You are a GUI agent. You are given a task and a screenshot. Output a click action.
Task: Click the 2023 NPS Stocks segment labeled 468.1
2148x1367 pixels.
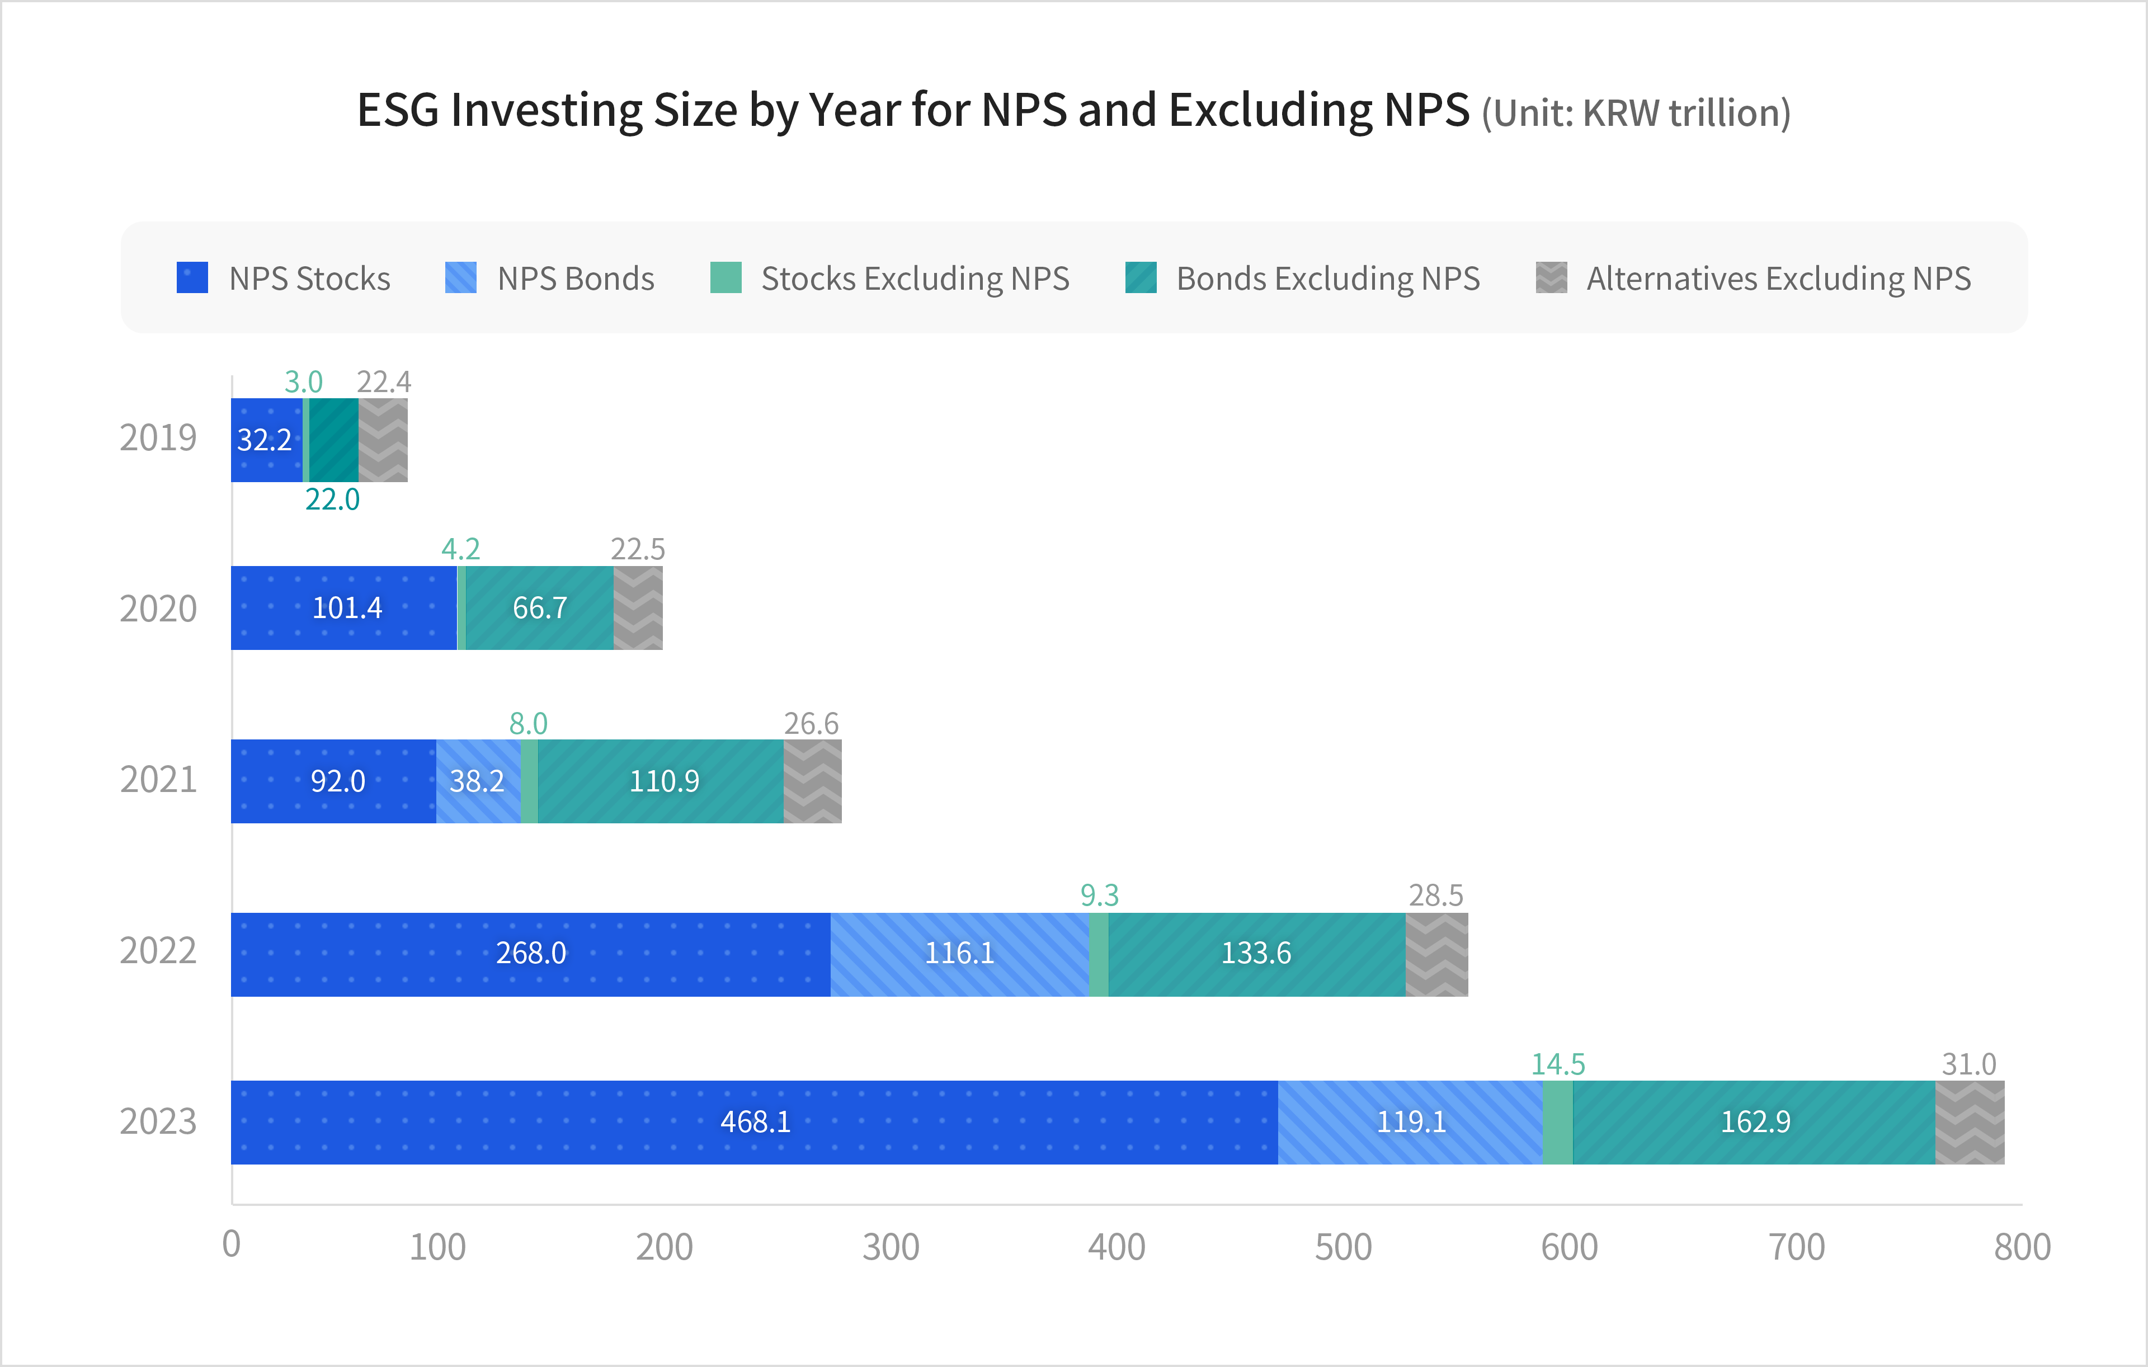point(755,1122)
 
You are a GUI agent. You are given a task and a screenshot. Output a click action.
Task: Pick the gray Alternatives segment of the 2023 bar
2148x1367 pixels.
point(1968,1122)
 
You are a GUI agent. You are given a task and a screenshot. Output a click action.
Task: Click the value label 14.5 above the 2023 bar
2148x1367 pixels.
point(1557,1064)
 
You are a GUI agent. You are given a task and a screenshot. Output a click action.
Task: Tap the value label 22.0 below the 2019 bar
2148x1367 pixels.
point(332,499)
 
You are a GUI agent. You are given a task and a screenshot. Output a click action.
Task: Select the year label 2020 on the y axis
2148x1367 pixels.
point(158,609)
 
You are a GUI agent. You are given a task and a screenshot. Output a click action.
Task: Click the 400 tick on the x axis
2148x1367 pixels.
point(1116,1247)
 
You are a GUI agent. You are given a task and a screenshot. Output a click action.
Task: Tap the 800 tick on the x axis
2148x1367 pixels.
point(2022,1247)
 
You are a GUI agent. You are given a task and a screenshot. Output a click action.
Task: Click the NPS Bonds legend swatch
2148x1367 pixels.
point(460,277)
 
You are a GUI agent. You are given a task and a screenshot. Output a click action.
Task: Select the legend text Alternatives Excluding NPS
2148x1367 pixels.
point(1778,279)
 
